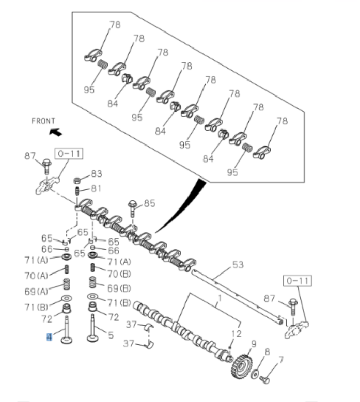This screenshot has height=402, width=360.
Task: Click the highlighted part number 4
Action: [50, 337]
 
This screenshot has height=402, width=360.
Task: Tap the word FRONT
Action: [43, 121]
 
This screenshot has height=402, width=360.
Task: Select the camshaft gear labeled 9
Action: [239, 366]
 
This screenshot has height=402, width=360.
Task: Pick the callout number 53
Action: [238, 265]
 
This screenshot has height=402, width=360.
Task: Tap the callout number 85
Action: [149, 203]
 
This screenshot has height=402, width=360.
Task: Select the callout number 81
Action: [97, 188]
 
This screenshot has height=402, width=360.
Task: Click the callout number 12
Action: [237, 333]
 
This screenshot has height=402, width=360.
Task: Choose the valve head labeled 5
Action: [92, 339]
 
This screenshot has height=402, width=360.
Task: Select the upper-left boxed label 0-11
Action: [70, 153]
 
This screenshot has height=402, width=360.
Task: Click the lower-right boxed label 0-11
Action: [296, 281]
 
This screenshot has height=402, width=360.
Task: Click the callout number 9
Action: [253, 344]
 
